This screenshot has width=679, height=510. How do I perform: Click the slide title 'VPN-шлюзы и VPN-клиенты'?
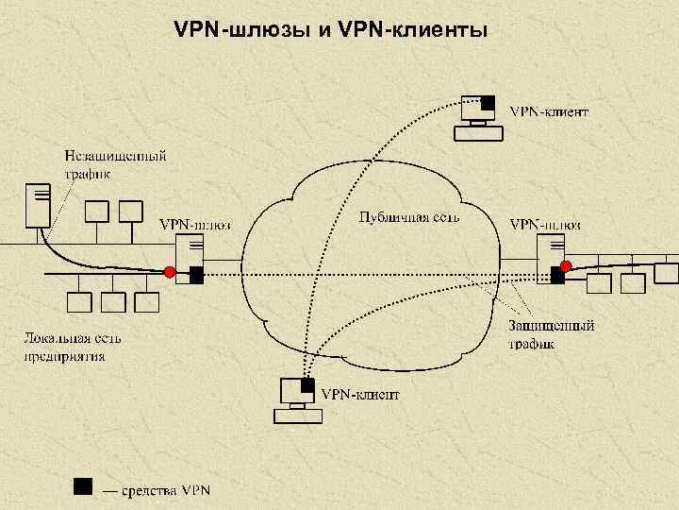[x=331, y=31]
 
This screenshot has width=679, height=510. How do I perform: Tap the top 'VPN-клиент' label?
[x=551, y=111]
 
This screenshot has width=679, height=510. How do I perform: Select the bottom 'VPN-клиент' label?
[x=360, y=394]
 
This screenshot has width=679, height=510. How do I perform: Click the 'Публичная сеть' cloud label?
[x=409, y=217]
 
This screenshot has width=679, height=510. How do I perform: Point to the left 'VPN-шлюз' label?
[x=194, y=225]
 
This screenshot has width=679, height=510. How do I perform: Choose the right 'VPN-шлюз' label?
[x=545, y=225]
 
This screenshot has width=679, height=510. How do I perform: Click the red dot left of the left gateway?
[x=170, y=273]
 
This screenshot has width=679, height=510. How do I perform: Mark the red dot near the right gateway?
[x=565, y=265]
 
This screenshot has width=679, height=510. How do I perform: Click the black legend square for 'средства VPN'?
[x=83, y=486]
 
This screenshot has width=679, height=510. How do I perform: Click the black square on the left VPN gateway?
[x=196, y=276]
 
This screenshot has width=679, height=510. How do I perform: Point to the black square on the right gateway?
[x=557, y=277]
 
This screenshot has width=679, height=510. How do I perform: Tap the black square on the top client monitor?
[x=489, y=102]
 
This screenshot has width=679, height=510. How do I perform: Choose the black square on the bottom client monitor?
[x=307, y=385]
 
